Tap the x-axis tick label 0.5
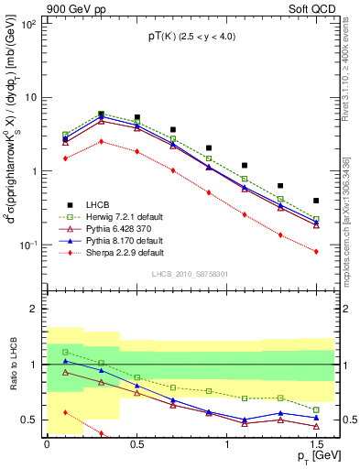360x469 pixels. (x=136, y=442)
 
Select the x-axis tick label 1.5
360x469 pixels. (x=316, y=442)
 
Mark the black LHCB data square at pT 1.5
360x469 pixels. (x=316, y=201)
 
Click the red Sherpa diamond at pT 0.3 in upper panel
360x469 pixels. (x=101, y=141)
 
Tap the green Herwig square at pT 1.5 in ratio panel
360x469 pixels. (x=316, y=409)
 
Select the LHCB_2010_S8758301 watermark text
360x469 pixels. (x=190, y=274)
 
